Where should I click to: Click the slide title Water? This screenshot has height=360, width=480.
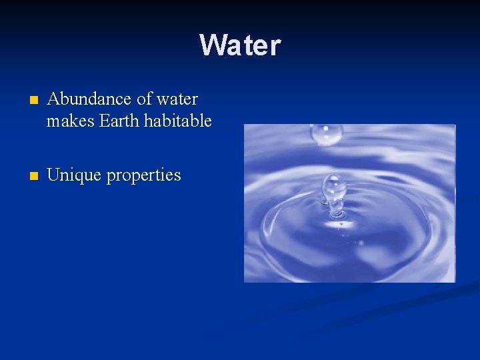[x=240, y=45]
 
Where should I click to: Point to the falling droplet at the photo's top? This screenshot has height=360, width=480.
[x=326, y=134]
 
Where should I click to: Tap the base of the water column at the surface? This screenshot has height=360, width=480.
[x=337, y=215]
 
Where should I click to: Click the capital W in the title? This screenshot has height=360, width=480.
[x=213, y=45]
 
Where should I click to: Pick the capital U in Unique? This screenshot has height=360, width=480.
[x=54, y=175]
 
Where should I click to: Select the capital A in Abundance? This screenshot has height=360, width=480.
[x=54, y=99]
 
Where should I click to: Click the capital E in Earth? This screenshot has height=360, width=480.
[x=105, y=121]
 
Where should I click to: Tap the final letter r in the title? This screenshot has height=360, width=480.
[x=275, y=47]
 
